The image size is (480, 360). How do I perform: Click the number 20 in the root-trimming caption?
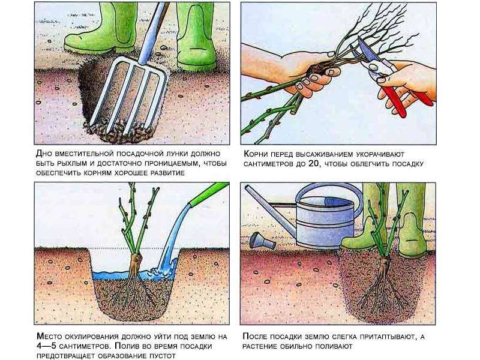[312, 164]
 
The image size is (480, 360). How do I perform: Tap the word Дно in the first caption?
[44, 153]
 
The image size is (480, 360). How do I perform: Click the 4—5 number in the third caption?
[46, 346]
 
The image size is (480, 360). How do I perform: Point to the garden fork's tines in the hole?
[129, 95]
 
